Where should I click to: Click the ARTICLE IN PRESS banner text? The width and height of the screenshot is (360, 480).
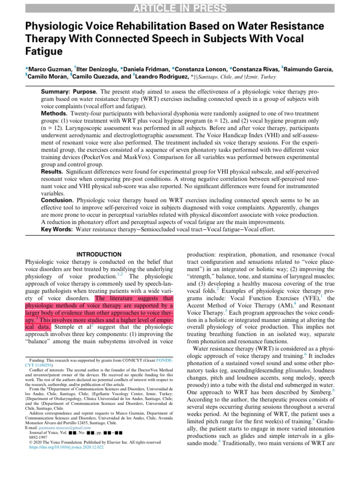pos(180,7)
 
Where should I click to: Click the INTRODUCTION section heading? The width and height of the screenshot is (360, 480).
pos(98,255)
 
